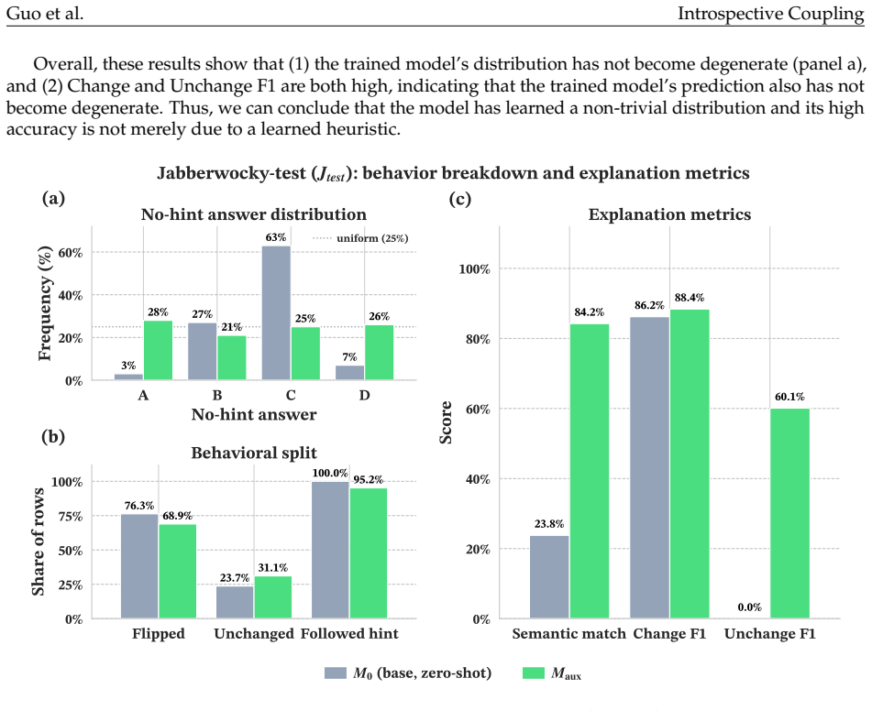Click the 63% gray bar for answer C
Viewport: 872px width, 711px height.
(276, 313)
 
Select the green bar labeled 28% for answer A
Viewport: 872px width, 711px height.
(158, 350)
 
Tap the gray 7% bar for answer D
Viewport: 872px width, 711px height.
(349, 373)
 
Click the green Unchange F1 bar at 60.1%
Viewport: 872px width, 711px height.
(789, 513)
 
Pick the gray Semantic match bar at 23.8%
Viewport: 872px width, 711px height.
(549, 577)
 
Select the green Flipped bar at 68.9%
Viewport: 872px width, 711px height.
(177, 571)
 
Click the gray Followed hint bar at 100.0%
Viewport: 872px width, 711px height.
(330, 550)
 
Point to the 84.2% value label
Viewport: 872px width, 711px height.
(590, 312)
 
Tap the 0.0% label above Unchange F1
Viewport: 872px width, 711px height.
(750, 607)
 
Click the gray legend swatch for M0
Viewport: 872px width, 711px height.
(336, 673)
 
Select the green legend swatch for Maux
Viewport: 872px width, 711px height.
(534, 673)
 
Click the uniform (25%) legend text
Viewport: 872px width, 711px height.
(372, 238)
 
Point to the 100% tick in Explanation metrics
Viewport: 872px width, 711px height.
(474, 269)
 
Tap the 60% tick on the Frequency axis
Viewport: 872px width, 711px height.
(70, 252)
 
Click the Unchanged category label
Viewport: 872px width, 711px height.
(254, 634)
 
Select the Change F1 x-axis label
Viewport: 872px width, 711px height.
(669, 634)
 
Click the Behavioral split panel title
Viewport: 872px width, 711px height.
(254, 453)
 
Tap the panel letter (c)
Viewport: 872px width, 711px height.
(460, 199)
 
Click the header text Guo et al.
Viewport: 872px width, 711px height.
(45, 13)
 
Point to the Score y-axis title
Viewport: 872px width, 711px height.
(446, 422)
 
